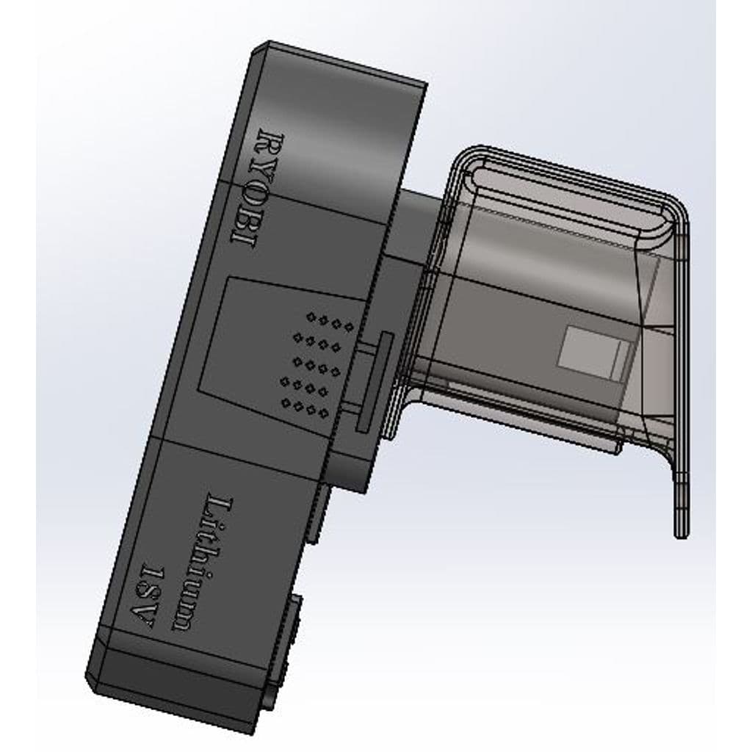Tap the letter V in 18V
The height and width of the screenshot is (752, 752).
click(142, 617)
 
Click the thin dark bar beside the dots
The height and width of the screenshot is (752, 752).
click(375, 381)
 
